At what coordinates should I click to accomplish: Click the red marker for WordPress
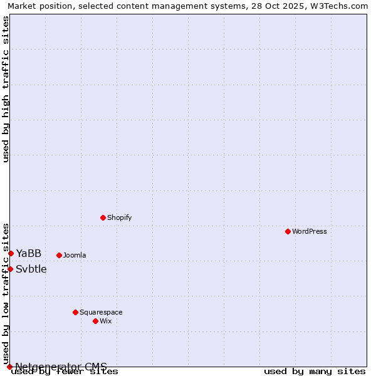pos(288,231)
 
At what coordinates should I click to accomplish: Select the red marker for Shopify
pos(103,217)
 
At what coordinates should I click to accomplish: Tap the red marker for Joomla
pos(59,255)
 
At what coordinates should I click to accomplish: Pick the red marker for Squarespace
pos(75,312)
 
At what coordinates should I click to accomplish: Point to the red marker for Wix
pos(95,321)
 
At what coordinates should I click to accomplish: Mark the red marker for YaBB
pos(11,253)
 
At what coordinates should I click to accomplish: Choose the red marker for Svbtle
pos(10,269)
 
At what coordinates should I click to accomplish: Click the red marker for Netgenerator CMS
pos(9,367)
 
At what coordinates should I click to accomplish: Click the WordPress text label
pos(310,231)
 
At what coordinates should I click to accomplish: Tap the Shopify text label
pos(119,217)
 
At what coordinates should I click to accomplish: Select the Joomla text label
pos(75,255)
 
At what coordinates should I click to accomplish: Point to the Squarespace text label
pos(101,312)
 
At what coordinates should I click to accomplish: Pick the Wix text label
pos(105,321)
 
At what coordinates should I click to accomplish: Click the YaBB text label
pos(29,253)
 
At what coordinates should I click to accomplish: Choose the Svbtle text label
pos(31,269)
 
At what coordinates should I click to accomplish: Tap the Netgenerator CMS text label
pos(61,367)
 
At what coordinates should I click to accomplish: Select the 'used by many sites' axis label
pos(315,372)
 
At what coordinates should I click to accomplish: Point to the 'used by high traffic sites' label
pos(6,89)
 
